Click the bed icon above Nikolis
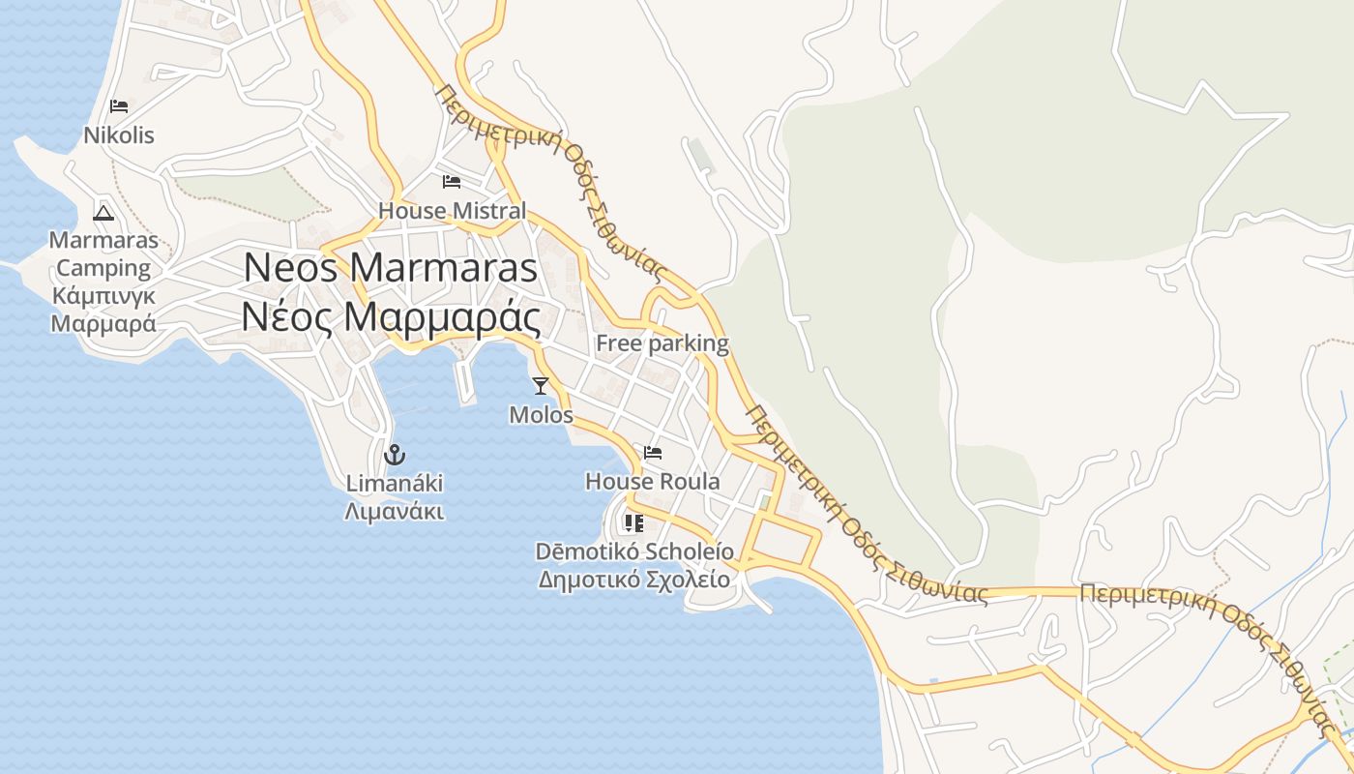[119, 105]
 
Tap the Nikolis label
[119, 134]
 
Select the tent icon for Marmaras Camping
[103, 213]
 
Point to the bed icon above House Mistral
[452, 181]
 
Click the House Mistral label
[452, 210]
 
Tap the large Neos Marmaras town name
[391, 268]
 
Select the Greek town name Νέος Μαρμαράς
[391, 316]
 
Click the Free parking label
[662, 343]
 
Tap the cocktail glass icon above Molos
[541, 386]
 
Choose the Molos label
[541, 415]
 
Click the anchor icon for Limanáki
[395, 454]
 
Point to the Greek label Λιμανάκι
[395, 510]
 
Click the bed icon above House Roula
[653, 452]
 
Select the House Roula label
[653, 481]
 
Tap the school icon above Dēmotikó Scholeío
[634, 523]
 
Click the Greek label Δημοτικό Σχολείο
[634, 580]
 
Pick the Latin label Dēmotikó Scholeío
[634, 551]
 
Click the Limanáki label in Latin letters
[395, 483]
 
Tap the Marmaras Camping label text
[103, 253]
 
